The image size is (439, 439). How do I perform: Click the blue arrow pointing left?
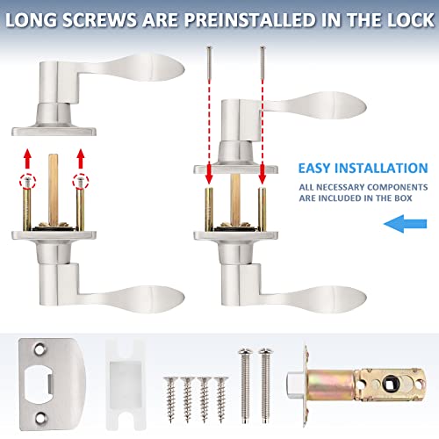[x=405, y=224]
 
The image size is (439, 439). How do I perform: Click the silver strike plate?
[x=52, y=385]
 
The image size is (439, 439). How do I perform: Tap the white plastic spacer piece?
[x=126, y=385]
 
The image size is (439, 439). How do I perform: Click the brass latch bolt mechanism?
[x=356, y=385]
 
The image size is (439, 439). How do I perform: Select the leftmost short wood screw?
[x=170, y=399]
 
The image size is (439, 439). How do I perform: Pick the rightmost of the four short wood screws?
[x=221, y=399]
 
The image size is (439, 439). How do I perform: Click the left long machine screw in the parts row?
[x=246, y=385]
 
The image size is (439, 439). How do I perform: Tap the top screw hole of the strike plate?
[x=40, y=349]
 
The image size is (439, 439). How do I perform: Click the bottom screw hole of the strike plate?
[x=40, y=418]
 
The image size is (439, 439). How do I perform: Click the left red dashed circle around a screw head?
[x=27, y=182]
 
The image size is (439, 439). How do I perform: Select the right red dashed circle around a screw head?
[x=81, y=182]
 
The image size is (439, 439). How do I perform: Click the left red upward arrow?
[x=27, y=158]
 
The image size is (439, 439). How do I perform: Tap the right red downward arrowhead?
[x=263, y=177]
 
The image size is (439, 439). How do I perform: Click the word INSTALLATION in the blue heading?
[x=381, y=169]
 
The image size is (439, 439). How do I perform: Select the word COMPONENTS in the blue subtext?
[x=398, y=187]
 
